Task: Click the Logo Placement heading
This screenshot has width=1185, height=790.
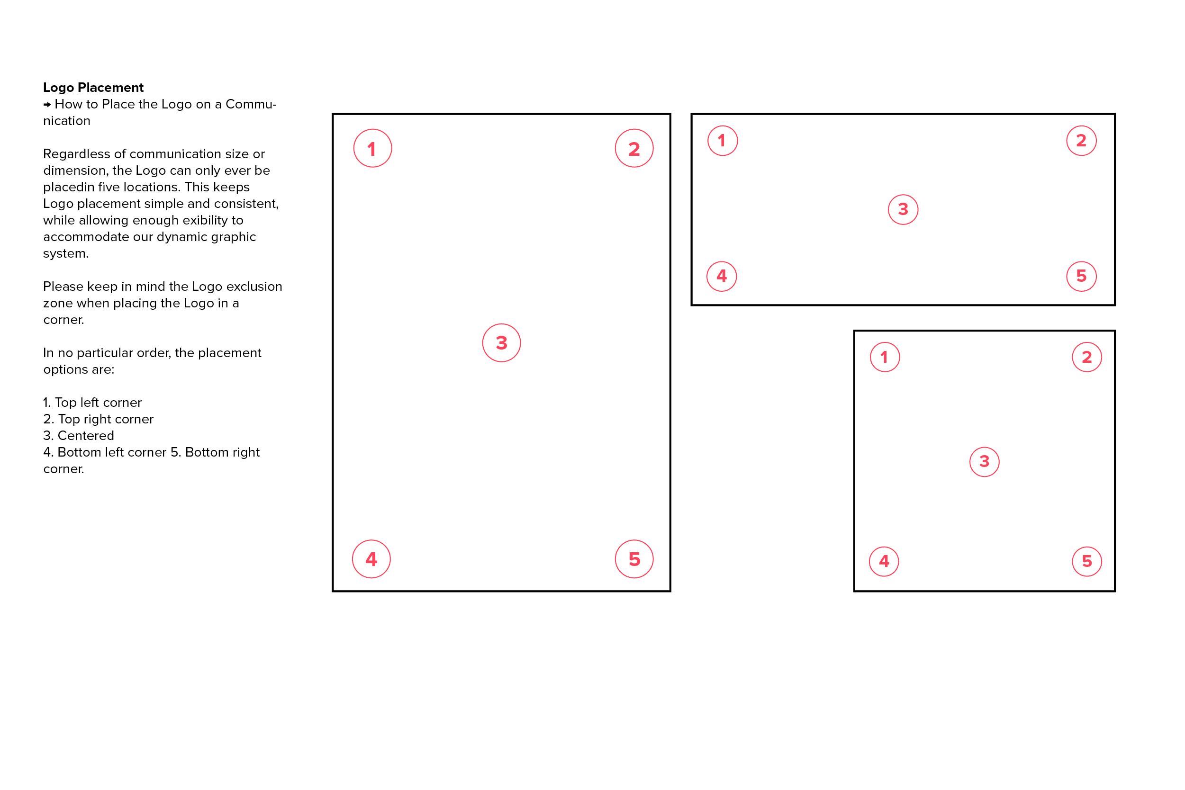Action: [93, 88]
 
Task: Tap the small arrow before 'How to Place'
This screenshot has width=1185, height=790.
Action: [47, 105]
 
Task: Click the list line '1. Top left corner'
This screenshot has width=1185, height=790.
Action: [93, 403]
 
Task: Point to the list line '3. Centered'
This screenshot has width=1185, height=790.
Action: [79, 436]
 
